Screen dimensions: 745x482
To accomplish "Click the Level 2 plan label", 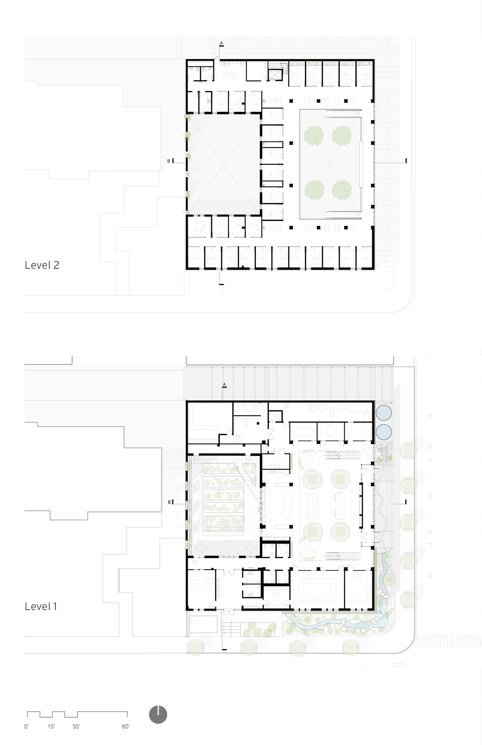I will tap(42, 265).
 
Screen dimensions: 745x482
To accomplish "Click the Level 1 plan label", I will tap(41, 606).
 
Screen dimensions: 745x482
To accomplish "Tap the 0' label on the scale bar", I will tap(26, 727).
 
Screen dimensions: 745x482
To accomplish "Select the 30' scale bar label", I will tap(76, 727).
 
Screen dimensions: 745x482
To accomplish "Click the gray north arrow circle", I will tap(158, 715).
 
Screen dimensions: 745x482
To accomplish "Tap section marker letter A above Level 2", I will tap(221, 43).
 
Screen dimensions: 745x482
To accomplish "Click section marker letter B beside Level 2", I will tap(169, 161).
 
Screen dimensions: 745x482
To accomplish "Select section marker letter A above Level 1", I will tap(224, 384).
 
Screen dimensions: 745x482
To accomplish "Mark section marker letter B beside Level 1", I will tap(169, 502).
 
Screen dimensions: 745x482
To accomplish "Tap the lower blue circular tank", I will tap(383, 432).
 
